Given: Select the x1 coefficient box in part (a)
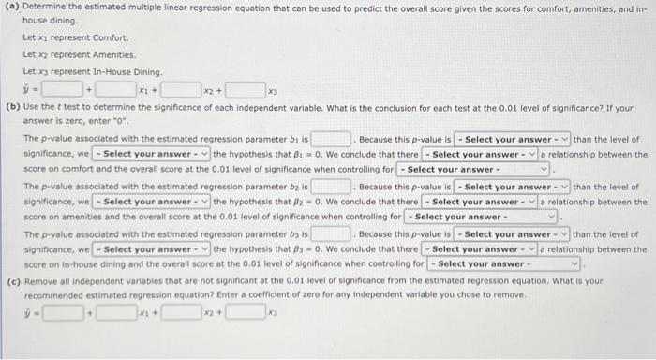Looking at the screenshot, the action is pyautogui.click(x=116, y=90).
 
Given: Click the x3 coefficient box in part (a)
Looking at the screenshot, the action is pyautogui.click(x=245, y=90).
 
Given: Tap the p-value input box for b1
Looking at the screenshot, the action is pyautogui.click(x=332, y=139).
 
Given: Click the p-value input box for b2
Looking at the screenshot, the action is pyautogui.click(x=332, y=187).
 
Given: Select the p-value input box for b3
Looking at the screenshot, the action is pyautogui.click(x=332, y=233).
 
